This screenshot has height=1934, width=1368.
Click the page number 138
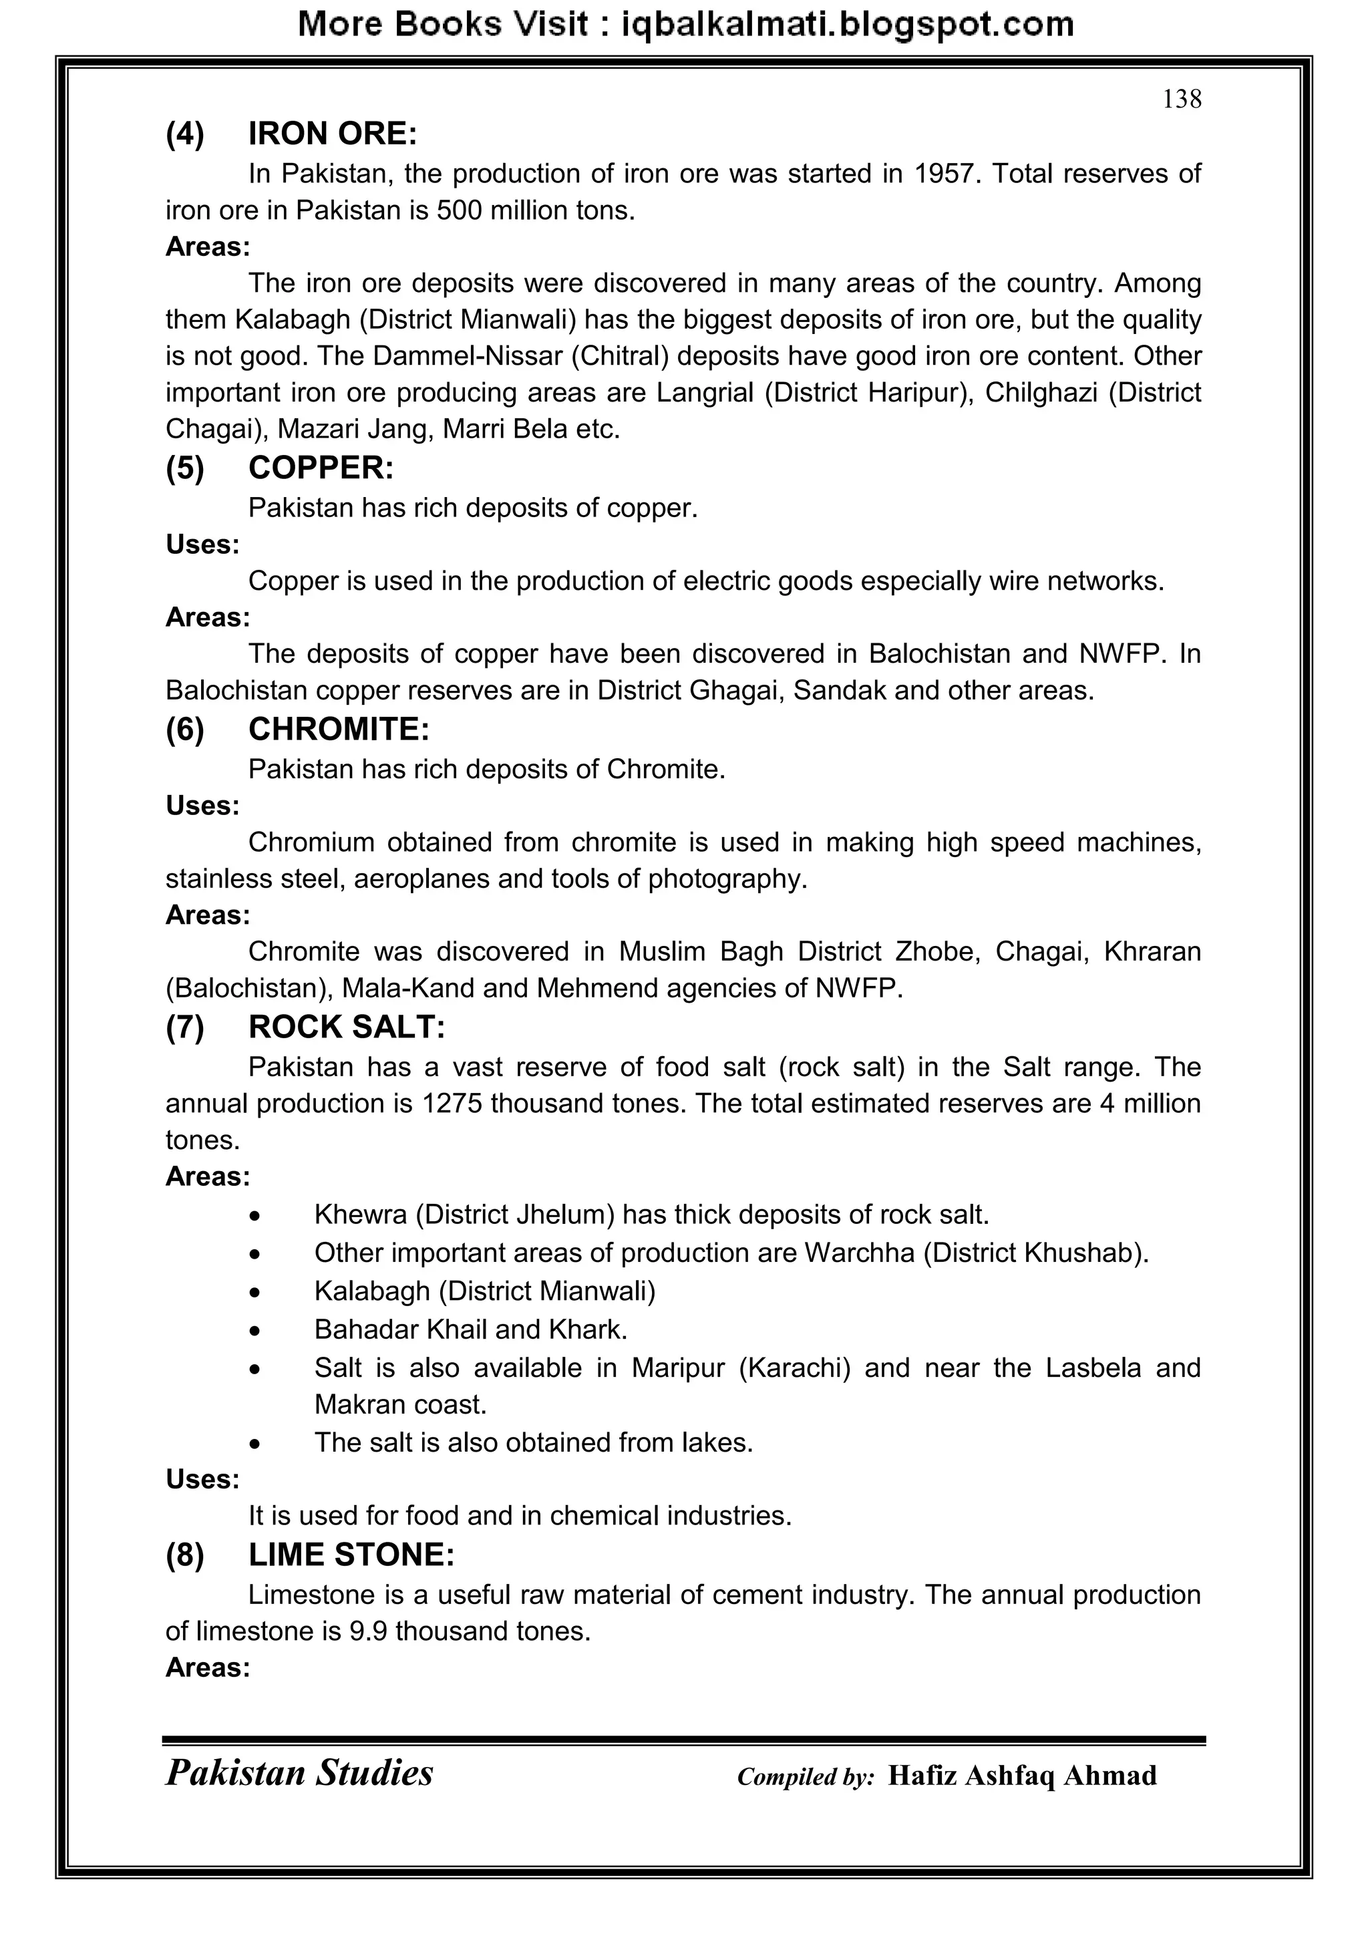(x=1181, y=100)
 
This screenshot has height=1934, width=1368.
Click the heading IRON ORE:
(x=333, y=134)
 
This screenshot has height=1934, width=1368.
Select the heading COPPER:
(x=321, y=468)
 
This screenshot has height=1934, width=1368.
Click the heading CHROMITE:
(x=339, y=730)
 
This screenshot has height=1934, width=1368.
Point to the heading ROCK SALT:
(x=346, y=1027)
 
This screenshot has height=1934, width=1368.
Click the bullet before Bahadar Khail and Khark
(x=255, y=1331)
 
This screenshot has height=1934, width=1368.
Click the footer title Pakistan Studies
(x=299, y=1773)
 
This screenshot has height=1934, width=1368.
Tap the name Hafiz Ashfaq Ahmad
(x=1022, y=1776)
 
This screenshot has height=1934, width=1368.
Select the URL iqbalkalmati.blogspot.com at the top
(x=846, y=25)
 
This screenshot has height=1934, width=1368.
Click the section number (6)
(x=184, y=730)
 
